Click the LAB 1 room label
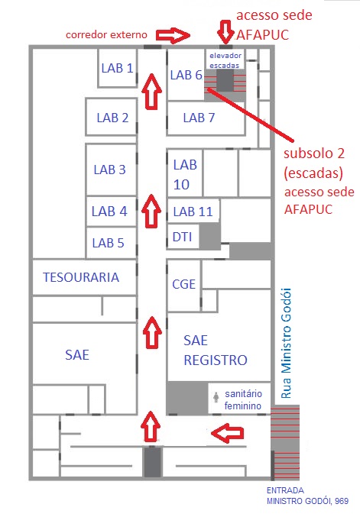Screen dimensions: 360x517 (x=117, y=68)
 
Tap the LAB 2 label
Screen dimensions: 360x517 (x=112, y=118)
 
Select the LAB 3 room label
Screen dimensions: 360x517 (x=109, y=170)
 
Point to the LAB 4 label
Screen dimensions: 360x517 (x=109, y=212)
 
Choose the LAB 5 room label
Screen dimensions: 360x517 (x=108, y=243)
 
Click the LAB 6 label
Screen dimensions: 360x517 (x=186, y=75)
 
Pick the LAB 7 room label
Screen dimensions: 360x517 (x=199, y=118)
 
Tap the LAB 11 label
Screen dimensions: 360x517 (x=193, y=212)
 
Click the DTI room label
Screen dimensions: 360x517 (x=182, y=237)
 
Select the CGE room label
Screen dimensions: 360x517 (x=183, y=284)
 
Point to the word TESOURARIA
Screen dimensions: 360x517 (x=81, y=277)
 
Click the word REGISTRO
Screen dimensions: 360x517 (x=216, y=360)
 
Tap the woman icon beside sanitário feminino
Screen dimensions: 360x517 (x=216, y=397)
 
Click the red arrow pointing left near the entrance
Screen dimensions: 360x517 (x=228, y=433)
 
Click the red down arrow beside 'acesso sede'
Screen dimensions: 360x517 (x=225, y=32)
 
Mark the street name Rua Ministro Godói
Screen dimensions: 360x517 (x=286, y=343)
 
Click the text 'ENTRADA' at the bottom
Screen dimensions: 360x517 (x=285, y=490)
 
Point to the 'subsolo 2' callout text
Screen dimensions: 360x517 (x=314, y=153)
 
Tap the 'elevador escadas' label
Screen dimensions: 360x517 (x=225, y=60)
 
